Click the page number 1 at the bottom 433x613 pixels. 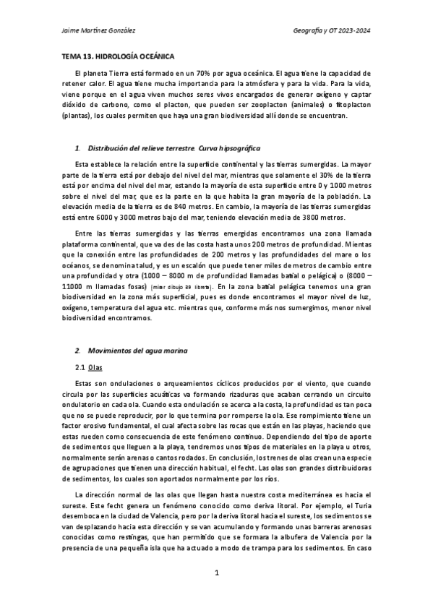point(216,593)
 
